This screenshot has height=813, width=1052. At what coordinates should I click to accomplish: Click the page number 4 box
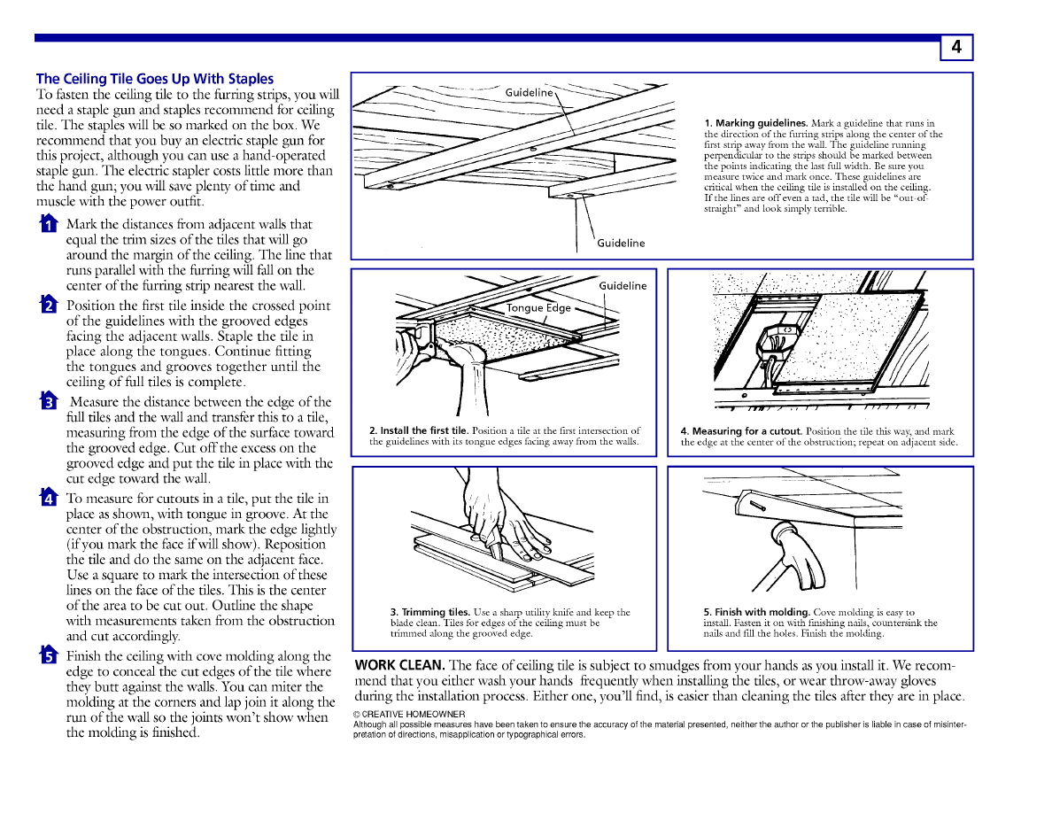[956, 48]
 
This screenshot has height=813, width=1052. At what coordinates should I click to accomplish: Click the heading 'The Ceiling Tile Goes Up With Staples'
[155, 79]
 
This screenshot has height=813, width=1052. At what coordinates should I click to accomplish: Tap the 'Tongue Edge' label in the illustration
[538, 308]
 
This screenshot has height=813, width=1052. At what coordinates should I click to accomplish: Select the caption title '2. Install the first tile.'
[419, 431]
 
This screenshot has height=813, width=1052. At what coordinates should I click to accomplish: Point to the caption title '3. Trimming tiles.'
[430, 612]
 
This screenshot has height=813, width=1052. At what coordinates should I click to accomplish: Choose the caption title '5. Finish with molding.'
[756, 612]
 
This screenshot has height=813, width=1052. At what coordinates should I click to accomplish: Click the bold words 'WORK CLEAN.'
[399, 665]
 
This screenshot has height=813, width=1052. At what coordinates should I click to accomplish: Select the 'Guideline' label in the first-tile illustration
[623, 285]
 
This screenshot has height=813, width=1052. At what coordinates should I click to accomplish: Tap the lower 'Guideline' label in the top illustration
[621, 243]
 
